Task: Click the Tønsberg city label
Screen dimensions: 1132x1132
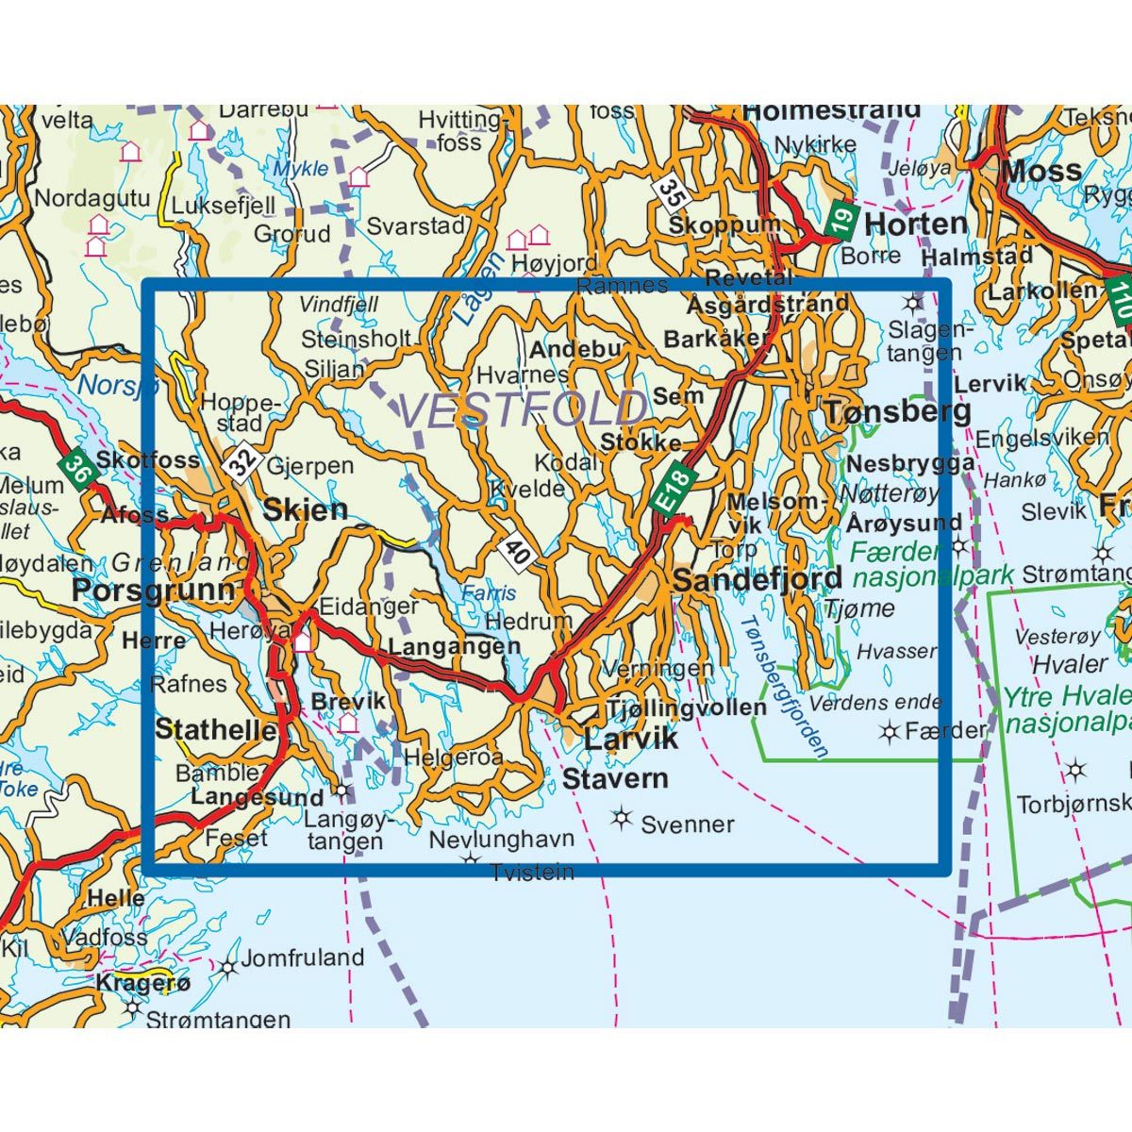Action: tap(897, 412)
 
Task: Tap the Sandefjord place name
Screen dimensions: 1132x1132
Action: tap(757, 579)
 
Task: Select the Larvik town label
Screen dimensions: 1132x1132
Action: tap(631, 738)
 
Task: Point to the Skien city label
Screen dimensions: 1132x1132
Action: tap(305, 510)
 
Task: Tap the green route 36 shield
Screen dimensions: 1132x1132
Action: tap(77, 469)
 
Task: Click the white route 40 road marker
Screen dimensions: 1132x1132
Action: tap(517, 551)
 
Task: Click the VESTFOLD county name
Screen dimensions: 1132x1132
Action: tap(524, 410)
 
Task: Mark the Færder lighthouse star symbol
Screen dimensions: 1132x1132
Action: tap(889, 730)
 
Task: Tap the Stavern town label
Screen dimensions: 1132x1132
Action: tap(615, 778)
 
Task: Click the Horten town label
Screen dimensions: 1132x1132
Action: tap(915, 225)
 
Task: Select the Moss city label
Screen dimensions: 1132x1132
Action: tap(1041, 172)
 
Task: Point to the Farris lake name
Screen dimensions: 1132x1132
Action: tap(489, 592)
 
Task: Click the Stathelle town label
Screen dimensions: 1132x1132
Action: tap(216, 729)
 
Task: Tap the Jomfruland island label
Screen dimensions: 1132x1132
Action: tap(302, 958)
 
